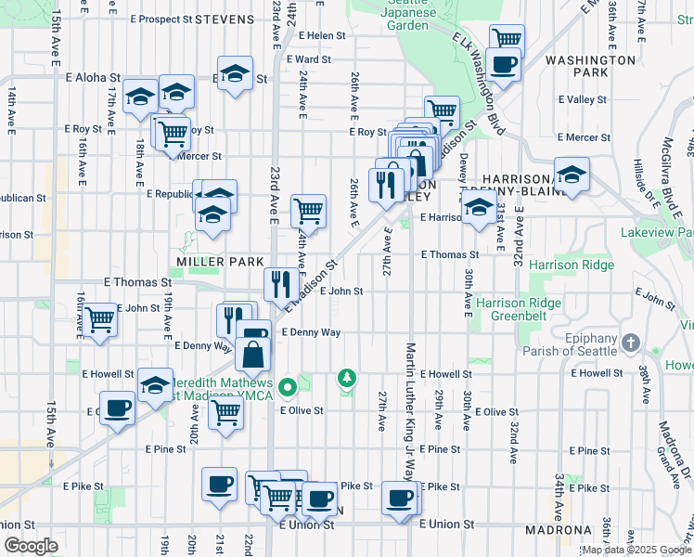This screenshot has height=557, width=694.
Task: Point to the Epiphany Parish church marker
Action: coord(631,342)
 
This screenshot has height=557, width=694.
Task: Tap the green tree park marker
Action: coord(346,378)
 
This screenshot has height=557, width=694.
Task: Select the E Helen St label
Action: coord(322,36)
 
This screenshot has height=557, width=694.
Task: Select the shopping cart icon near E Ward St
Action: coord(507,39)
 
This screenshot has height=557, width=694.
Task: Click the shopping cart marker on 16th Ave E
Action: coord(100,319)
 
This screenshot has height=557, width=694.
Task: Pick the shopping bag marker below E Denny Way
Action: coord(253,354)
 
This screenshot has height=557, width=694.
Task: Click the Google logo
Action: coord(32,546)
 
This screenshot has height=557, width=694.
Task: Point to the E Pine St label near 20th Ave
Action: coord(165,448)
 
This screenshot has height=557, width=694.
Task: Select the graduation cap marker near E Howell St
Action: coord(155,384)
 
